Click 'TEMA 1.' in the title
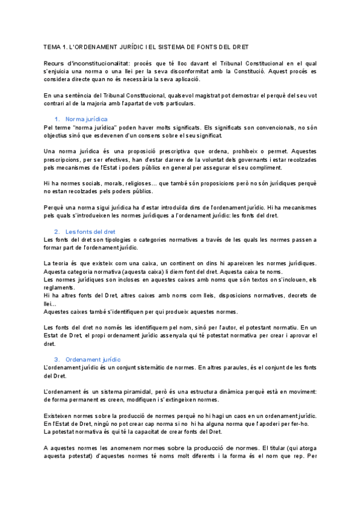(56, 47)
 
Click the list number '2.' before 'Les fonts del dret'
(57, 232)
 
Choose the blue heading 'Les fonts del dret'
(90, 232)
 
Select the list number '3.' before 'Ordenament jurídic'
(57, 359)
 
